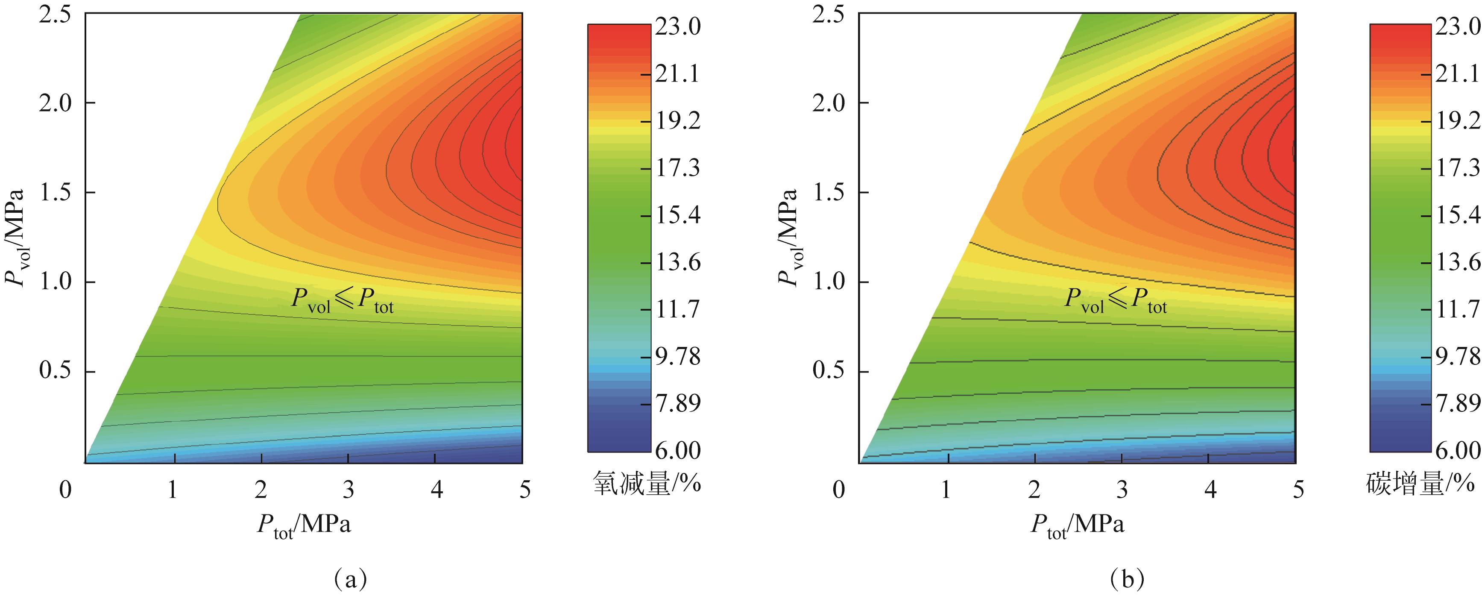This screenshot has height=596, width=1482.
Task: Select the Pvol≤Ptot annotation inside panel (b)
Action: tap(1116, 300)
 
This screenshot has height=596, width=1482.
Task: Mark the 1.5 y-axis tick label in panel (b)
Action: tap(829, 193)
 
